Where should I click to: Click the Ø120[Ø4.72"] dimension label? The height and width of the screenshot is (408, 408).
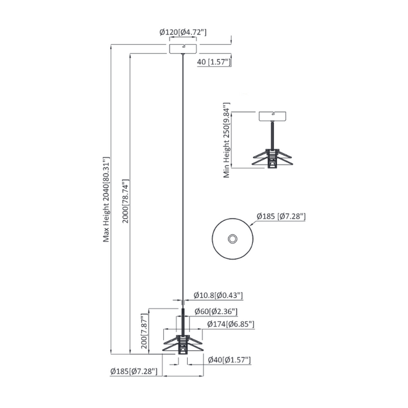183,33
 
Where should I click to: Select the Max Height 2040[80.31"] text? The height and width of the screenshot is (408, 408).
106,198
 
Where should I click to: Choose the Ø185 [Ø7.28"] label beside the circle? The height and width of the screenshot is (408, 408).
281,217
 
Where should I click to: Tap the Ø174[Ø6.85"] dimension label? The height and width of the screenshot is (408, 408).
230,324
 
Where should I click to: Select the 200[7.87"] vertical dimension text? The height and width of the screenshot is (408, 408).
144,331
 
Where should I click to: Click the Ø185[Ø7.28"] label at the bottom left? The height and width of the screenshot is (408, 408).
133,371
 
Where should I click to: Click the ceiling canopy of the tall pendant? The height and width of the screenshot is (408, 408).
183,48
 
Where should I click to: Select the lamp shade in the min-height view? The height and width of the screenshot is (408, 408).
274,158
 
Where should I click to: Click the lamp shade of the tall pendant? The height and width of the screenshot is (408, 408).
182,340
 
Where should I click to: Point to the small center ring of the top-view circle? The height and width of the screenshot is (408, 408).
233,238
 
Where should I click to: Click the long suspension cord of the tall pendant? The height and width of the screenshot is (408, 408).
184,175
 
